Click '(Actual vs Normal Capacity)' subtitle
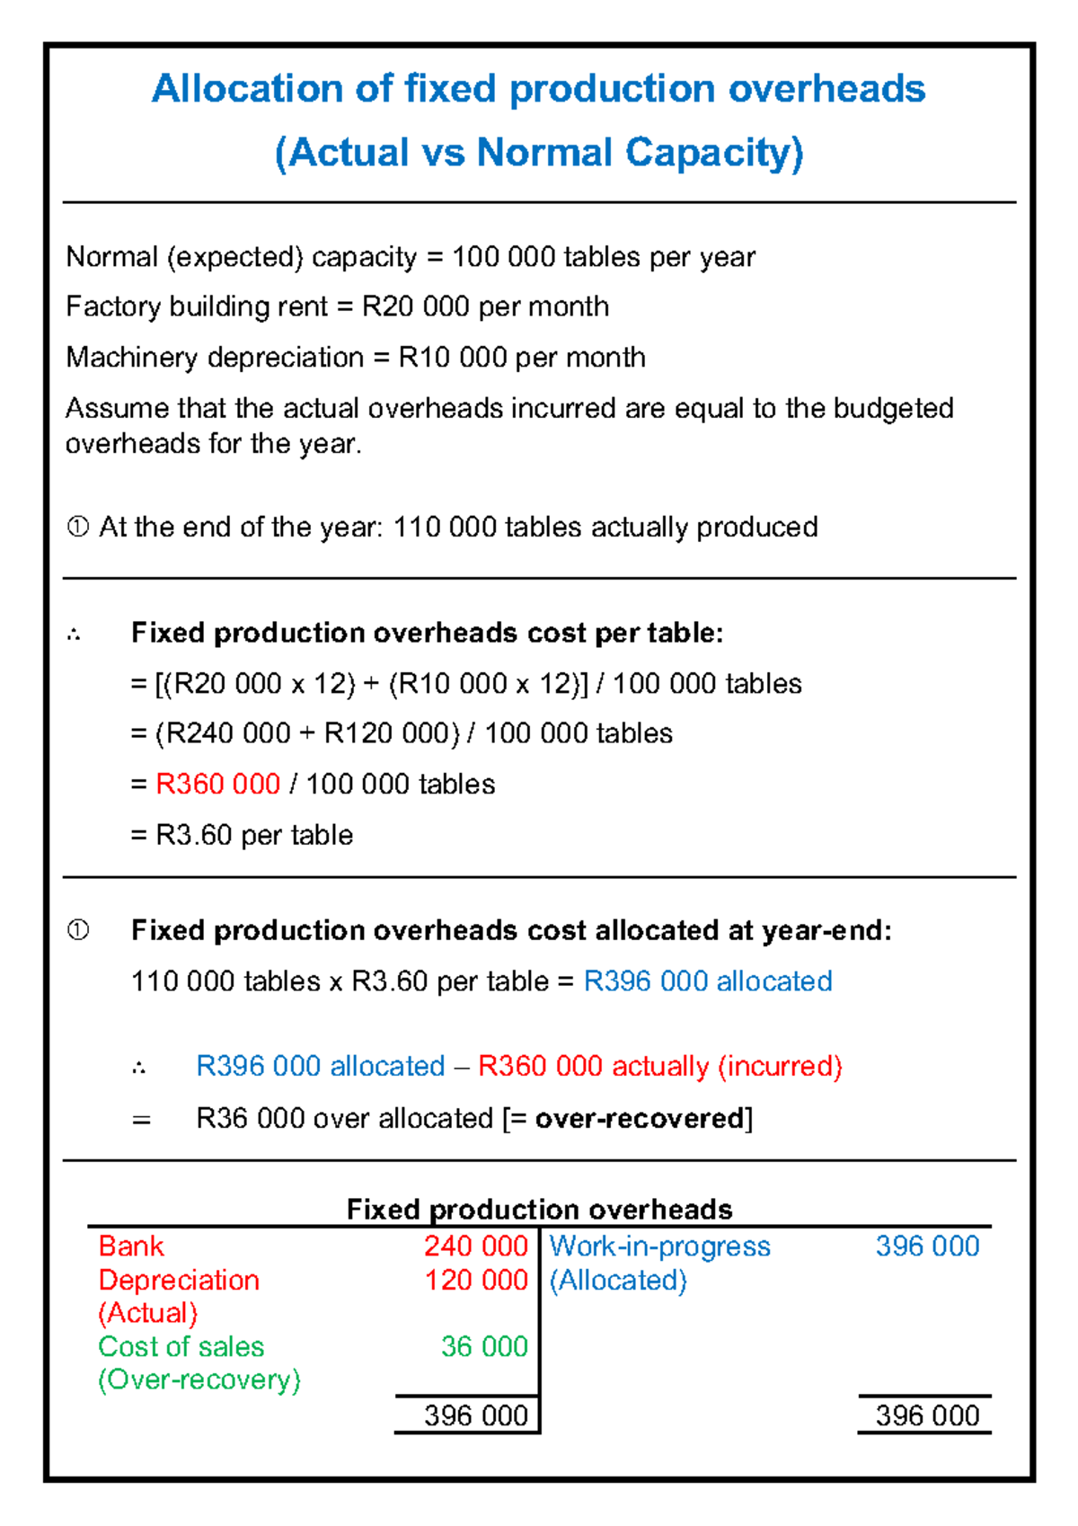coord(539,152)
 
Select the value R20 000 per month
coord(485,306)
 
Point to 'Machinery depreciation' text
coord(215,357)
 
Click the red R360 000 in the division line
coord(218,784)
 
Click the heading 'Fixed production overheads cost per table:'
coord(427,633)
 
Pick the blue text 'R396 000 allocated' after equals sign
coord(708,980)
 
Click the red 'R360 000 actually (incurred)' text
coord(660,1066)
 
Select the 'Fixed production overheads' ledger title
coord(539,1209)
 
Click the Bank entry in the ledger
coord(131,1246)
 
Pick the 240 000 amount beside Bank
coord(475,1246)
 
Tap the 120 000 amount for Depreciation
coord(475,1280)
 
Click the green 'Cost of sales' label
coord(181,1346)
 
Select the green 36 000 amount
coord(484,1346)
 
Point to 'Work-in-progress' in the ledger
coord(659,1246)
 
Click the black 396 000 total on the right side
coord(927,1415)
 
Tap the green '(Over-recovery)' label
coord(199,1380)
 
